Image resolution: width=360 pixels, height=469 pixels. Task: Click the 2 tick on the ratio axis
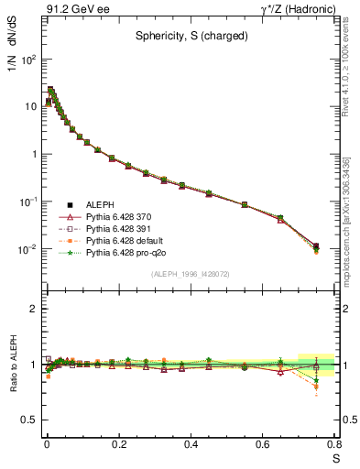point(34,309)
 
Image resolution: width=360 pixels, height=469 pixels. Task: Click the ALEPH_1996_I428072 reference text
point(191,274)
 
